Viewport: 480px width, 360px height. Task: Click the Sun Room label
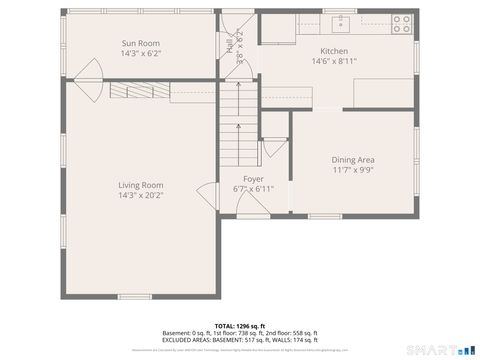(x=140, y=44)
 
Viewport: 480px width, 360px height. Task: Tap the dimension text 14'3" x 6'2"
(x=140, y=54)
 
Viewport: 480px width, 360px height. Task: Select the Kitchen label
(x=333, y=51)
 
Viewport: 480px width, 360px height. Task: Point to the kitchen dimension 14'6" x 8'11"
(x=333, y=61)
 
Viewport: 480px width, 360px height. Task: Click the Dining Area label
(x=353, y=159)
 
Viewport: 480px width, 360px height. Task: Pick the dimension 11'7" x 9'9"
(x=353, y=169)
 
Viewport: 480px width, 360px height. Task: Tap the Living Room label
(x=140, y=185)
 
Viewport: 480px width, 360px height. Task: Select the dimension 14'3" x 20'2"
(x=140, y=195)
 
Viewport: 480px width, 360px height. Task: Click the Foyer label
(x=252, y=178)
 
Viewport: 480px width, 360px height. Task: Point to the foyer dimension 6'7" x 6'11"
(x=252, y=188)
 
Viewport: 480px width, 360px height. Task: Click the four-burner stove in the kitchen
(x=402, y=23)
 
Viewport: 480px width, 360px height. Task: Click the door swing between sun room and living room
(x=86, y=70)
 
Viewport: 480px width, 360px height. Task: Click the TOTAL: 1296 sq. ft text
(x=239, y=326)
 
